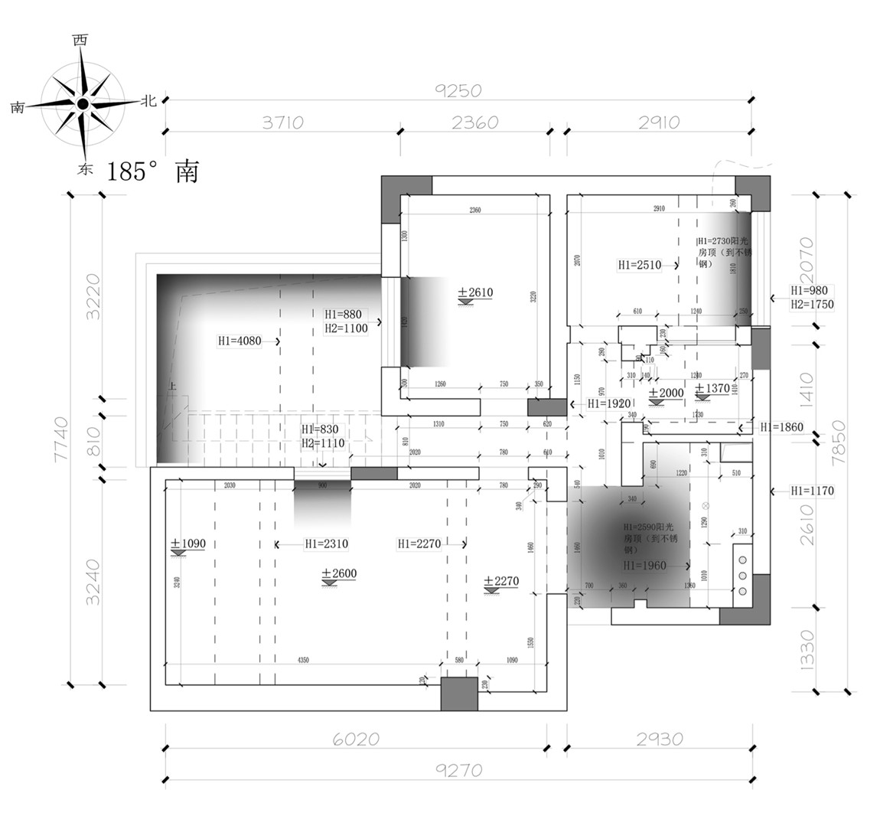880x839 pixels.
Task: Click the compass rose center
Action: click(82, 103)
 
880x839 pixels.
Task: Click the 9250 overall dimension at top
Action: click(458, 90)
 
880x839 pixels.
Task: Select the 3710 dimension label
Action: click(282, 122)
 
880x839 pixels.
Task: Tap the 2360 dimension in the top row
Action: click(474, 122)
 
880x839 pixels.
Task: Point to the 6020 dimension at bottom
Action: click(355, 739)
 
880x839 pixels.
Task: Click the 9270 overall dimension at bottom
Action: click(458, 770)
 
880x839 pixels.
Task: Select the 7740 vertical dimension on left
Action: click(61, 439)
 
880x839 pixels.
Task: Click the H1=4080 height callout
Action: click(240, 341)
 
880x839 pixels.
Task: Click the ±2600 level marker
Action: click(339, 574)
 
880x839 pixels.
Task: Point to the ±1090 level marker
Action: click(187, 544)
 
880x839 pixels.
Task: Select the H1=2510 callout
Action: click(639, 266)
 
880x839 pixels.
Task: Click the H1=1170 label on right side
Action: click(812, 491)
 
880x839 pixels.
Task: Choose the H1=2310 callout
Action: click(326, 544)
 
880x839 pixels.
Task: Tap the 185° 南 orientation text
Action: click(152, 171)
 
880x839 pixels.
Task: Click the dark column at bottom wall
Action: click(459, 694)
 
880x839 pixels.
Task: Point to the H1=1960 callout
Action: click(644, 566)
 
